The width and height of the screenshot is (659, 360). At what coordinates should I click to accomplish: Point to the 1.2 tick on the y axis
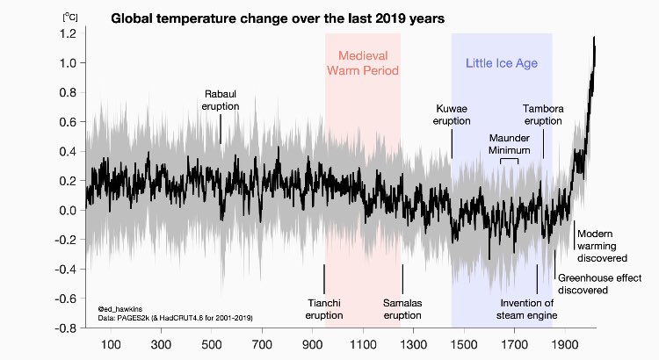click(68, 33)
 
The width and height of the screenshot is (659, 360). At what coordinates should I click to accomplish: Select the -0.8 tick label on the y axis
click(65, 328)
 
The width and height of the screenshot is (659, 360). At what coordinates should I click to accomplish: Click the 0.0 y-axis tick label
click(68, 211)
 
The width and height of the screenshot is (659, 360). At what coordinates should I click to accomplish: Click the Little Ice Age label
click(501, 63)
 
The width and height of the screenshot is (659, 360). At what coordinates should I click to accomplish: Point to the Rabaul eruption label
click(221, 99)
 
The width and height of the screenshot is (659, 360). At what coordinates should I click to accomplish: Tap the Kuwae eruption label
click(453, 115)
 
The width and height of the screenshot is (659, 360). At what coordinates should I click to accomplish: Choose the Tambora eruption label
click(543, 115)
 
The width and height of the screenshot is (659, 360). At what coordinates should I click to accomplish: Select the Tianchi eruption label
click(323, 309)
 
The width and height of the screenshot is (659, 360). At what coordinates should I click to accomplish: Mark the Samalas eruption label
click(403, 309)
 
